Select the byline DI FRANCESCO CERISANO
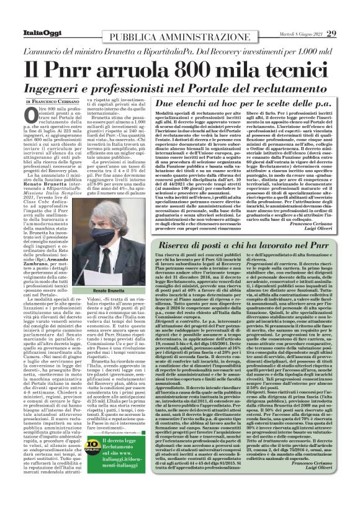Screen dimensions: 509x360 coord(52,101)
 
